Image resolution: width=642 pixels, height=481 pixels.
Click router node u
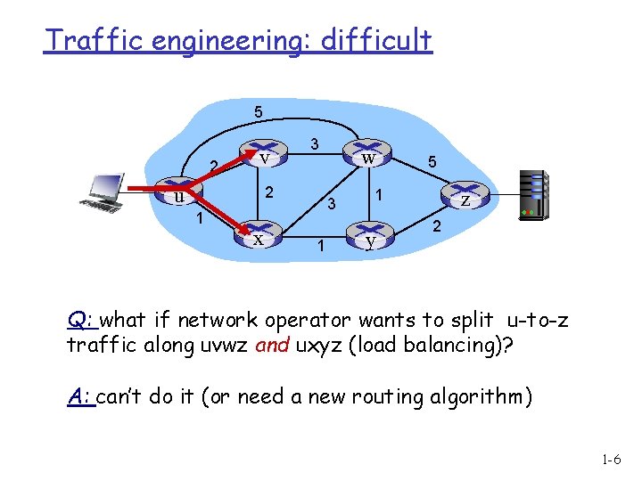pyautogui.click(x=180, y=195)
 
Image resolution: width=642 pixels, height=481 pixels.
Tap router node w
pyautogui.click(x=366, y=156)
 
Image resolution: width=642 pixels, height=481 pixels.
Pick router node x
pyautogui.click(x=258, y=237)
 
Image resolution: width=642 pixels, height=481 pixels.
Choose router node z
pyautogui.click(x=465, y=198)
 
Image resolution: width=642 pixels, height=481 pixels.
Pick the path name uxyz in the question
pyautogui.click(x=325, y=345)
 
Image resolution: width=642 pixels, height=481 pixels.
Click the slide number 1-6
pyautogui.click(x=611, y=460)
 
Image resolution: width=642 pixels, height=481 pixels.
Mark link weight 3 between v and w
pyautogui.click(x=314, y=143)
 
